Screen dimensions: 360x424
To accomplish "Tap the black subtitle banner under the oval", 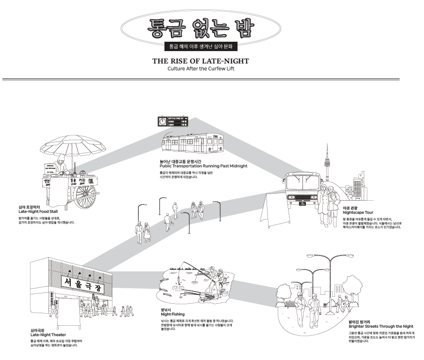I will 201,46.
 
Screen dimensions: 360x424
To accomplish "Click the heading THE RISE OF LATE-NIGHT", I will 201,61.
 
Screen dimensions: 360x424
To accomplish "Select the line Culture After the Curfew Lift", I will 201,68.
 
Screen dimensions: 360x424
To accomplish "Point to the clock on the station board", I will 162,122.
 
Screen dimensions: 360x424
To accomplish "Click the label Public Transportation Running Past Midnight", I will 203,166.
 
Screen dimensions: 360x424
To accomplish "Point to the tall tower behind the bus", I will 327,162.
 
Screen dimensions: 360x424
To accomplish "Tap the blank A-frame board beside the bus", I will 273,210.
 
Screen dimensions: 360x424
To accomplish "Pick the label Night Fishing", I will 172,314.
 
